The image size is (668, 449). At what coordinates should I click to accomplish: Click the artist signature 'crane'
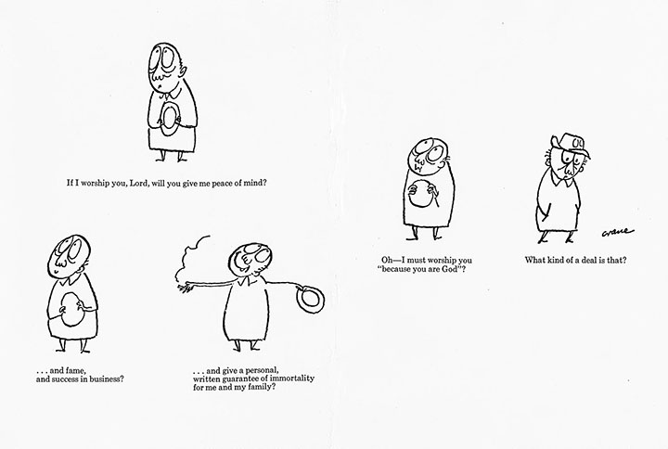coord(617,232)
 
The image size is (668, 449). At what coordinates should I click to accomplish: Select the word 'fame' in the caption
coord(77,371)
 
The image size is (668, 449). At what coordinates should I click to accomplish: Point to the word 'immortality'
coord(293,378)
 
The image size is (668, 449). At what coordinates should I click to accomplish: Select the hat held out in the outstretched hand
coord(311,300)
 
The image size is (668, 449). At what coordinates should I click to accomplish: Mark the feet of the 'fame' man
coord(73,350)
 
